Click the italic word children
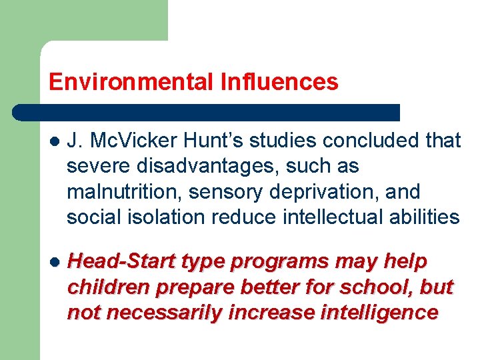[108, 287]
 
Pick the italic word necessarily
[164, 313]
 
